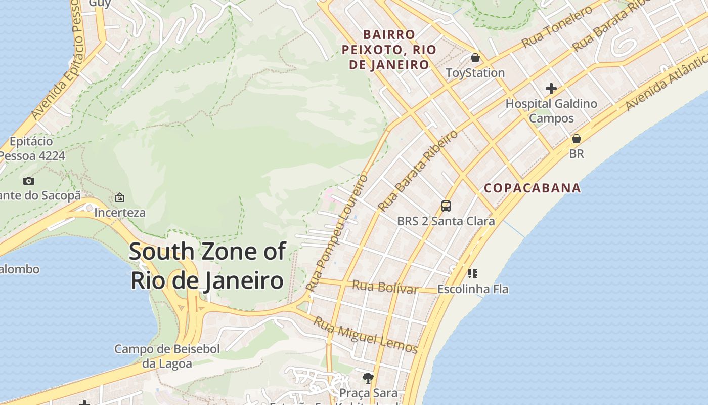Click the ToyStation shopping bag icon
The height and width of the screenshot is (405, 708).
[x=475, y=58]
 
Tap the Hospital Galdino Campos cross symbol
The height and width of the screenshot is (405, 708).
[x=551, y=89]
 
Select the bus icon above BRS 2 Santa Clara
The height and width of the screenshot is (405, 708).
[x=446, y=206]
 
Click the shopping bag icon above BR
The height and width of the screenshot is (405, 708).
[x=576, y=139]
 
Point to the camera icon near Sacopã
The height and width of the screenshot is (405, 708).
[x=29, y=181]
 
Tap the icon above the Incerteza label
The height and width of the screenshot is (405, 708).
[x=120, y=197]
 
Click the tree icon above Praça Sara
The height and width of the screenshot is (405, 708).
[x=368, y=378]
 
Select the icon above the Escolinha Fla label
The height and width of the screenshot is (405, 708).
[x=473, y=274]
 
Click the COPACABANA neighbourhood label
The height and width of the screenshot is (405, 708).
[x=532, y=188]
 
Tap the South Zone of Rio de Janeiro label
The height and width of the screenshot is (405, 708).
[x=207, y=266]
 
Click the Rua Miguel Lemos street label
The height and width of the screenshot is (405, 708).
[x=365, y=335]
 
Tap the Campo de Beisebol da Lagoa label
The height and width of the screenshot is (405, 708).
[x=167, y=356]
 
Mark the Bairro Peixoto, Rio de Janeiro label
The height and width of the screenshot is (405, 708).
[x=389, y=50]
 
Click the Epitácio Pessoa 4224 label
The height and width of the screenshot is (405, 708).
[x=31, y=148]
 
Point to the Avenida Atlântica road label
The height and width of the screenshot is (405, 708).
[x=666, y=87]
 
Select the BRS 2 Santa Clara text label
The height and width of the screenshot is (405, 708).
[x=446, y=221]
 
